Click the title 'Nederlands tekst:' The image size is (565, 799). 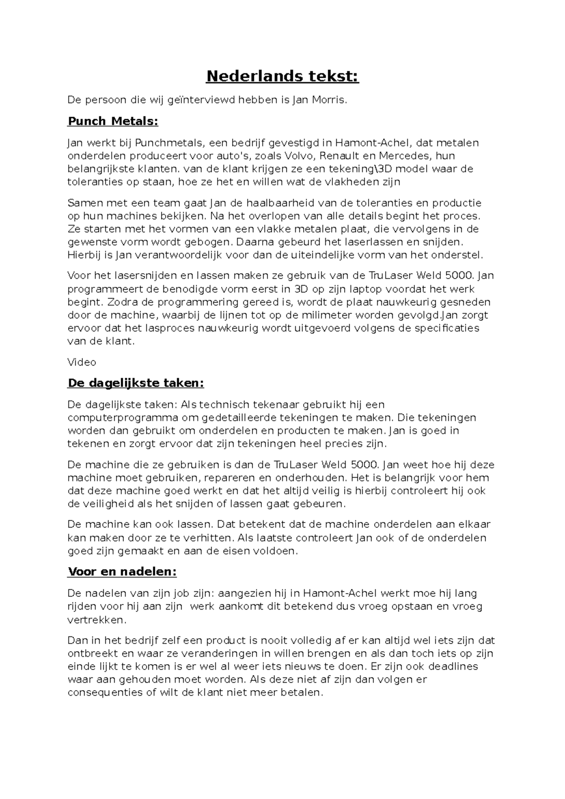pos(282,76)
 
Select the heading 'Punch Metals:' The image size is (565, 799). pos(113,121)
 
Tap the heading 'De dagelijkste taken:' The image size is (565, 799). pos(136,383)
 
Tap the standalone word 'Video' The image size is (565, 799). pos(82,362)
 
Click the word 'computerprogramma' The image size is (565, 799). pos(123,417)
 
